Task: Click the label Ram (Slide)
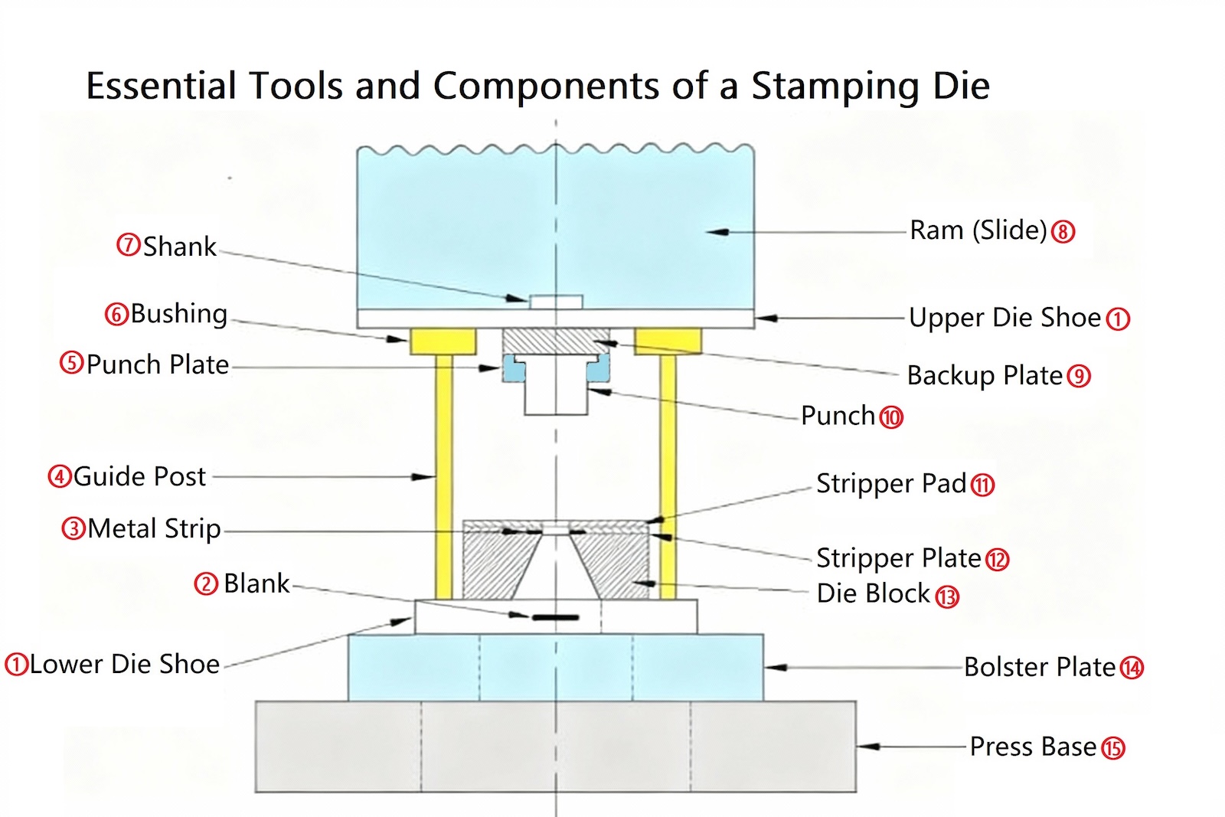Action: pyautogui.click(x=978, y=230)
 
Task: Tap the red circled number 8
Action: pyautogui.click(x=1063, y=231)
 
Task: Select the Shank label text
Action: pyautogui.click(x=179, y=247)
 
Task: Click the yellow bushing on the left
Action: pyautogui.click(x=443, y=341)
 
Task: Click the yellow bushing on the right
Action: pyautogui.click(x=668, y=341)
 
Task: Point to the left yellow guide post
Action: pyautogui.click(x=443, y=475)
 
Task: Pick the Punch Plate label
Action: pyautogui.click(x=157, y=364)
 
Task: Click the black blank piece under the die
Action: pyautogui.click(x=556, y=616)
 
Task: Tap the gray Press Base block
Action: pyautogui.click(x=555, y=747)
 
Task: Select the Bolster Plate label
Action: pyautogui.click(x=1039, y=667)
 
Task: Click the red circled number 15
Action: pyautogui.click(x=1112, y=748)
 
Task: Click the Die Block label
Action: pyautogui.click(x=873, y=593)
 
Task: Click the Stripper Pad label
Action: pyautogui.click(x=891, y=483)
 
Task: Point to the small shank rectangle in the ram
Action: pyautogui.click(x=557, y=302)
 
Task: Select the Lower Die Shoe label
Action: pyautogui.click(x=125, y=664)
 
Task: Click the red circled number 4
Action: pyautogui.click(x=59, y=476)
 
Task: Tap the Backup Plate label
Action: pyautogui.click(x=985, y=375)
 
